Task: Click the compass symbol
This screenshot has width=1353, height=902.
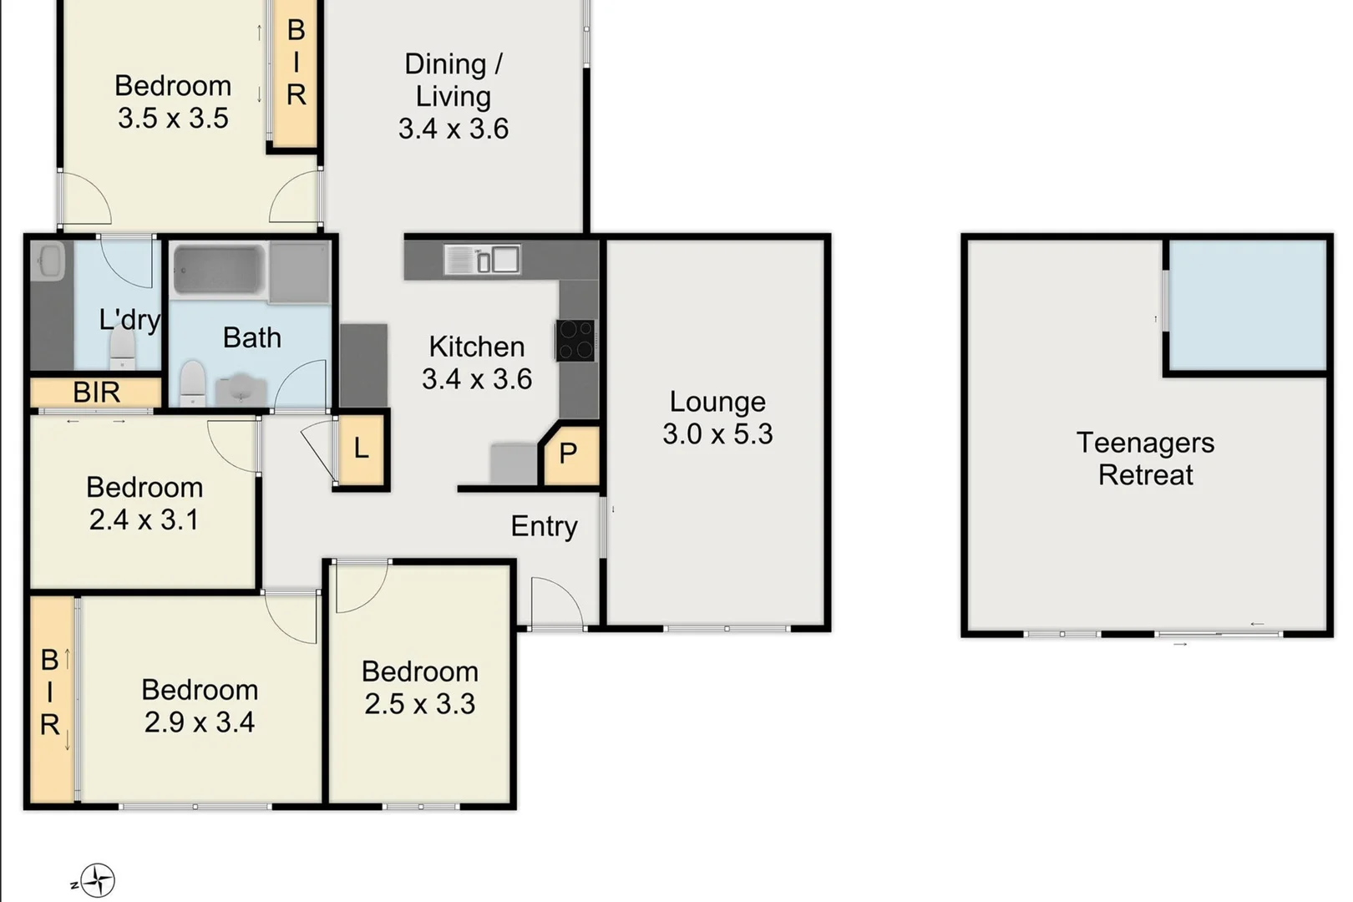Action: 98,880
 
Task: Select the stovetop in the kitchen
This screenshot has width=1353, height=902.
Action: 576,340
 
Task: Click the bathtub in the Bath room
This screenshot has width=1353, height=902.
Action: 220,269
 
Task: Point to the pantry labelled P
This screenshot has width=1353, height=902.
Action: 569,454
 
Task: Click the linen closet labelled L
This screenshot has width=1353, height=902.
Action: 361,448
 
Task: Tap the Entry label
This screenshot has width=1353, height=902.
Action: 544,526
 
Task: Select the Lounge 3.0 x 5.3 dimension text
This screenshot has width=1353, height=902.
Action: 717,434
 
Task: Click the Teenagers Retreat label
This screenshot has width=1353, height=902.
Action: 1145,459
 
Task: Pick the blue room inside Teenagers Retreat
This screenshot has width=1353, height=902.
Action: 1247,305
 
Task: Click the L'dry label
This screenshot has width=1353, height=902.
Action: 129,320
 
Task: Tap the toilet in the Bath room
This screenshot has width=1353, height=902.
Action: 193,383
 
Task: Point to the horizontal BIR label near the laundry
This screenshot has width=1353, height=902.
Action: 96,392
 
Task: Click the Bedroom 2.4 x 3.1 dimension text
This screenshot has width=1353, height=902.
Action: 144,519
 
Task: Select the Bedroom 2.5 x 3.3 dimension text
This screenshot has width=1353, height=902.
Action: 419,704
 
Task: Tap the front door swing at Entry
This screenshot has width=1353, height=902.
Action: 555,603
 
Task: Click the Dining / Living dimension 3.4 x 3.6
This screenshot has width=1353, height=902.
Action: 453,129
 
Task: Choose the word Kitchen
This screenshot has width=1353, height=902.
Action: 476,347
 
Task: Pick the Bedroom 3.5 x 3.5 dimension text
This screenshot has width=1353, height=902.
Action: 173,118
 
